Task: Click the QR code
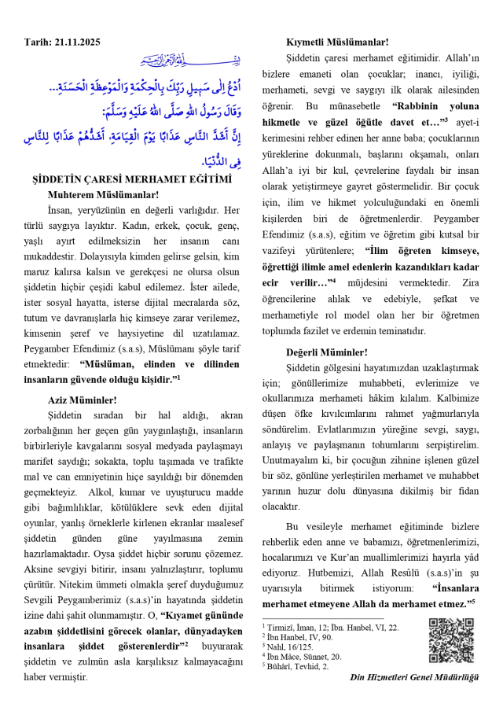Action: pos(450,640)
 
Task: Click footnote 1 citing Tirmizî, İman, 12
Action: pos(331,628)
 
